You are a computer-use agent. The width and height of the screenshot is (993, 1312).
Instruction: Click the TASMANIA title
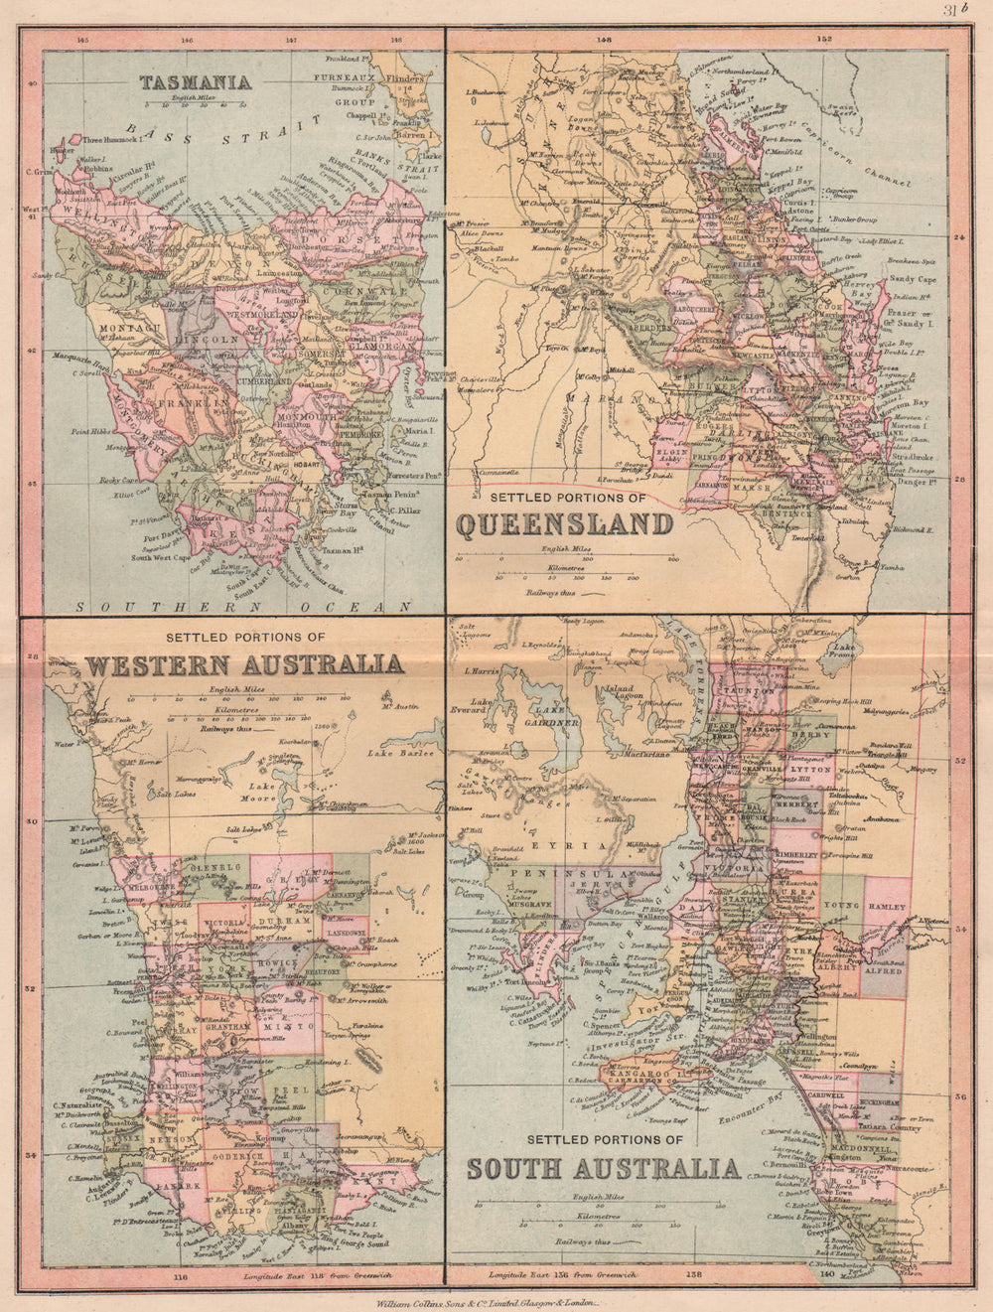tap(195, 82)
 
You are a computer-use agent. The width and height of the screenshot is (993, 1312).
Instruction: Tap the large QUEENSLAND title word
tap(564, 523)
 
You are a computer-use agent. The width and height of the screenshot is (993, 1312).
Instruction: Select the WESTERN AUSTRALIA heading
tap(244, 664)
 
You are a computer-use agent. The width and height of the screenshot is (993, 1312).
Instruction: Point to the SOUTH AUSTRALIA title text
tap(603, 1168)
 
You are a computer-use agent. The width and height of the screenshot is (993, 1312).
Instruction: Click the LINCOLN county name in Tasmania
tap(207, 340)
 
